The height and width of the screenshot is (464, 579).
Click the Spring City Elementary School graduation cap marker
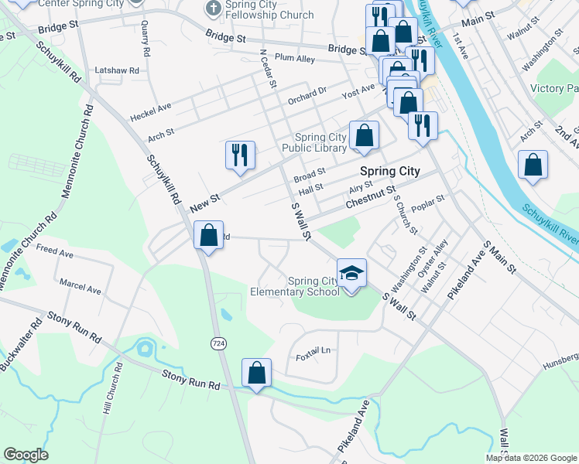(x=352, y=274)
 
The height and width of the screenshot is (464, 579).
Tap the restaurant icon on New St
(x=240, y=155)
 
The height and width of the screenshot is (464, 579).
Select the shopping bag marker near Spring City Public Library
(x=364, y=135)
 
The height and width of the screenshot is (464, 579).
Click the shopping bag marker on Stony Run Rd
(x=257, y=373)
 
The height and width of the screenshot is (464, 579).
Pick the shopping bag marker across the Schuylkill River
(x=533, y=165)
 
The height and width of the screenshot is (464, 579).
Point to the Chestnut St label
(x=372, y=195)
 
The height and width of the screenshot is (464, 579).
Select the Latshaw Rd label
(x=116, y=70)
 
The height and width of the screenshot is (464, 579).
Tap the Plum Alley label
(x=295, y=58)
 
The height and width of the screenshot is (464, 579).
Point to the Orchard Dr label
(x=307, y=96)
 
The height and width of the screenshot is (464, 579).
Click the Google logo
(x=26, y=455)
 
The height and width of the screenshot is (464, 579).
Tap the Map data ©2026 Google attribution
(x=531, y=458)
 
